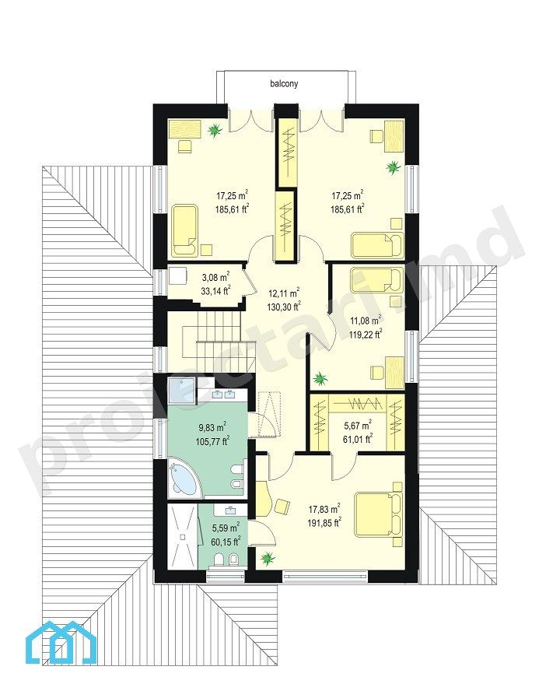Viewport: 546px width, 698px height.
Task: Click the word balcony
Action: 284,83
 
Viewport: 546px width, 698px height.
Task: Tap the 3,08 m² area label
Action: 215,284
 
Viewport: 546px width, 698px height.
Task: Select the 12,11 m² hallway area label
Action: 283,300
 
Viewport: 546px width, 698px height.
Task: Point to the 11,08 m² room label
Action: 366,327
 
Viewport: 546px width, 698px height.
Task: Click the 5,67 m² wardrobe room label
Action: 358,432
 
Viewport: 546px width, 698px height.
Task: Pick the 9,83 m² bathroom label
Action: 212,434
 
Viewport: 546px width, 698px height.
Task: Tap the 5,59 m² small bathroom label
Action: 226,534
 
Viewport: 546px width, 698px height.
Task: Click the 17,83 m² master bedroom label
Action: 324,515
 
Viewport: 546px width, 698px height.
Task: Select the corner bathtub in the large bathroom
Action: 184,479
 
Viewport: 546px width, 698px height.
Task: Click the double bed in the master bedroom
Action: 379,514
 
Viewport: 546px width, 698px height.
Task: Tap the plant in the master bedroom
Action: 268,557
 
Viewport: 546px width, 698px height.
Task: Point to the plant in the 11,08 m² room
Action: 320,379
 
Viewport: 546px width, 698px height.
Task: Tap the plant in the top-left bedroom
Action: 215,130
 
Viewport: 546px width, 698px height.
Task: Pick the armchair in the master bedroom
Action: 282,507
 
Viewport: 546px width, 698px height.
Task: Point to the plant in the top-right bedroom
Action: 393,167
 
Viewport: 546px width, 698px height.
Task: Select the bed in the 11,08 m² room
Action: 377,280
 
